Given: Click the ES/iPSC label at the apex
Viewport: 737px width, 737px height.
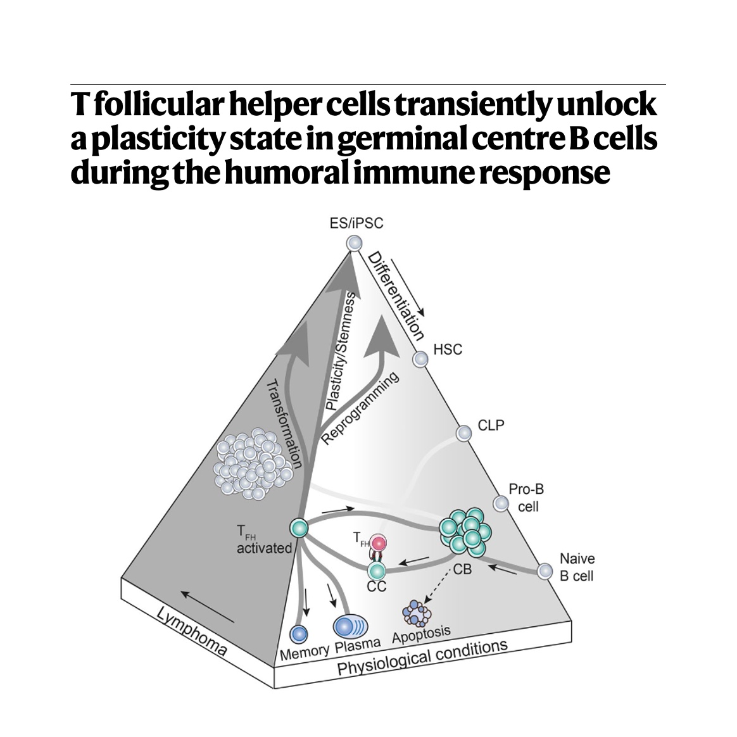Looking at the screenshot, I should pyautogui.click(x=356, y=223).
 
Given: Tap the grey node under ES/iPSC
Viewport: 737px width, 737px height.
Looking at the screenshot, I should pyautogui.click(x=355, y=243).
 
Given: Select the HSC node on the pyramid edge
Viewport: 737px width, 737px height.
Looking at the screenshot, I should pyautogui.click(x=420, y=359).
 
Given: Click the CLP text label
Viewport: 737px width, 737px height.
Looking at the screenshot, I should pyautogui.click(x=491, y=425).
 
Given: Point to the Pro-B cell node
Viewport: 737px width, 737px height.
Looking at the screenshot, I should pyautogui.click(x=501, y=503).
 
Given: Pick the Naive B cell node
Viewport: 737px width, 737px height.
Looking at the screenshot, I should pyautogui.click(x=545, y=571).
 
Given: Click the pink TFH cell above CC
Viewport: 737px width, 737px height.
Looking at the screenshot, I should pyautogui.click(x=379, y=543).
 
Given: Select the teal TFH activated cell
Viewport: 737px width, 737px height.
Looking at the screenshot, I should pyautogui.click(x=298, y=527).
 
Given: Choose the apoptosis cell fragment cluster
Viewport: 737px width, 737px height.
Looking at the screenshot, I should pyautogui.click(x=417, y=612).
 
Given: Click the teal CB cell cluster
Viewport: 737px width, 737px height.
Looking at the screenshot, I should pyautogui.click(x=467, y=531).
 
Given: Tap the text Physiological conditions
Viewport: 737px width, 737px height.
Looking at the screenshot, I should pyautogui.click(x=422, y=658).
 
